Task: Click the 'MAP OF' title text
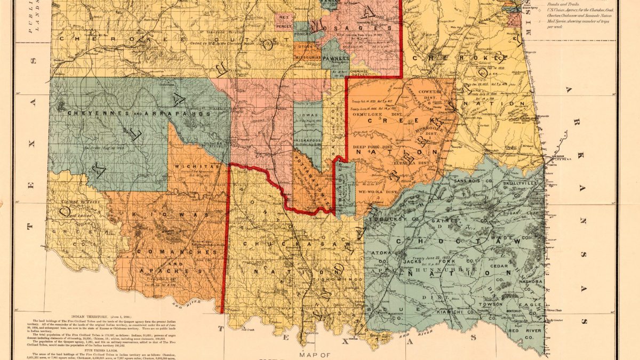point(315,354)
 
